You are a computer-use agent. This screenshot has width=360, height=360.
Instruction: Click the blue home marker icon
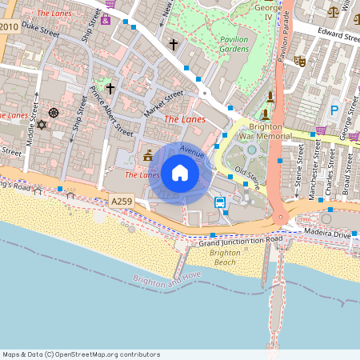coord(180,173)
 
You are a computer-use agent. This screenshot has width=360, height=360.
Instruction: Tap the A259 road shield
coord(120,205)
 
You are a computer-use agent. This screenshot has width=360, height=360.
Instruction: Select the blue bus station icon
coord(219,202)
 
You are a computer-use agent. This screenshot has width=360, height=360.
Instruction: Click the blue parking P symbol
coord(334,110)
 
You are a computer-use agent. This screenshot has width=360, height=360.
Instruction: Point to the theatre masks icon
coord(299,61)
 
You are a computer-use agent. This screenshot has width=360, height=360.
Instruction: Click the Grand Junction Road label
coord(242,242)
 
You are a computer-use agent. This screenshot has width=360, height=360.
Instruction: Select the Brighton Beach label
coord(226,258)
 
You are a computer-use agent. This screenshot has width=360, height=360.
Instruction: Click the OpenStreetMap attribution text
coord(81,354)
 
